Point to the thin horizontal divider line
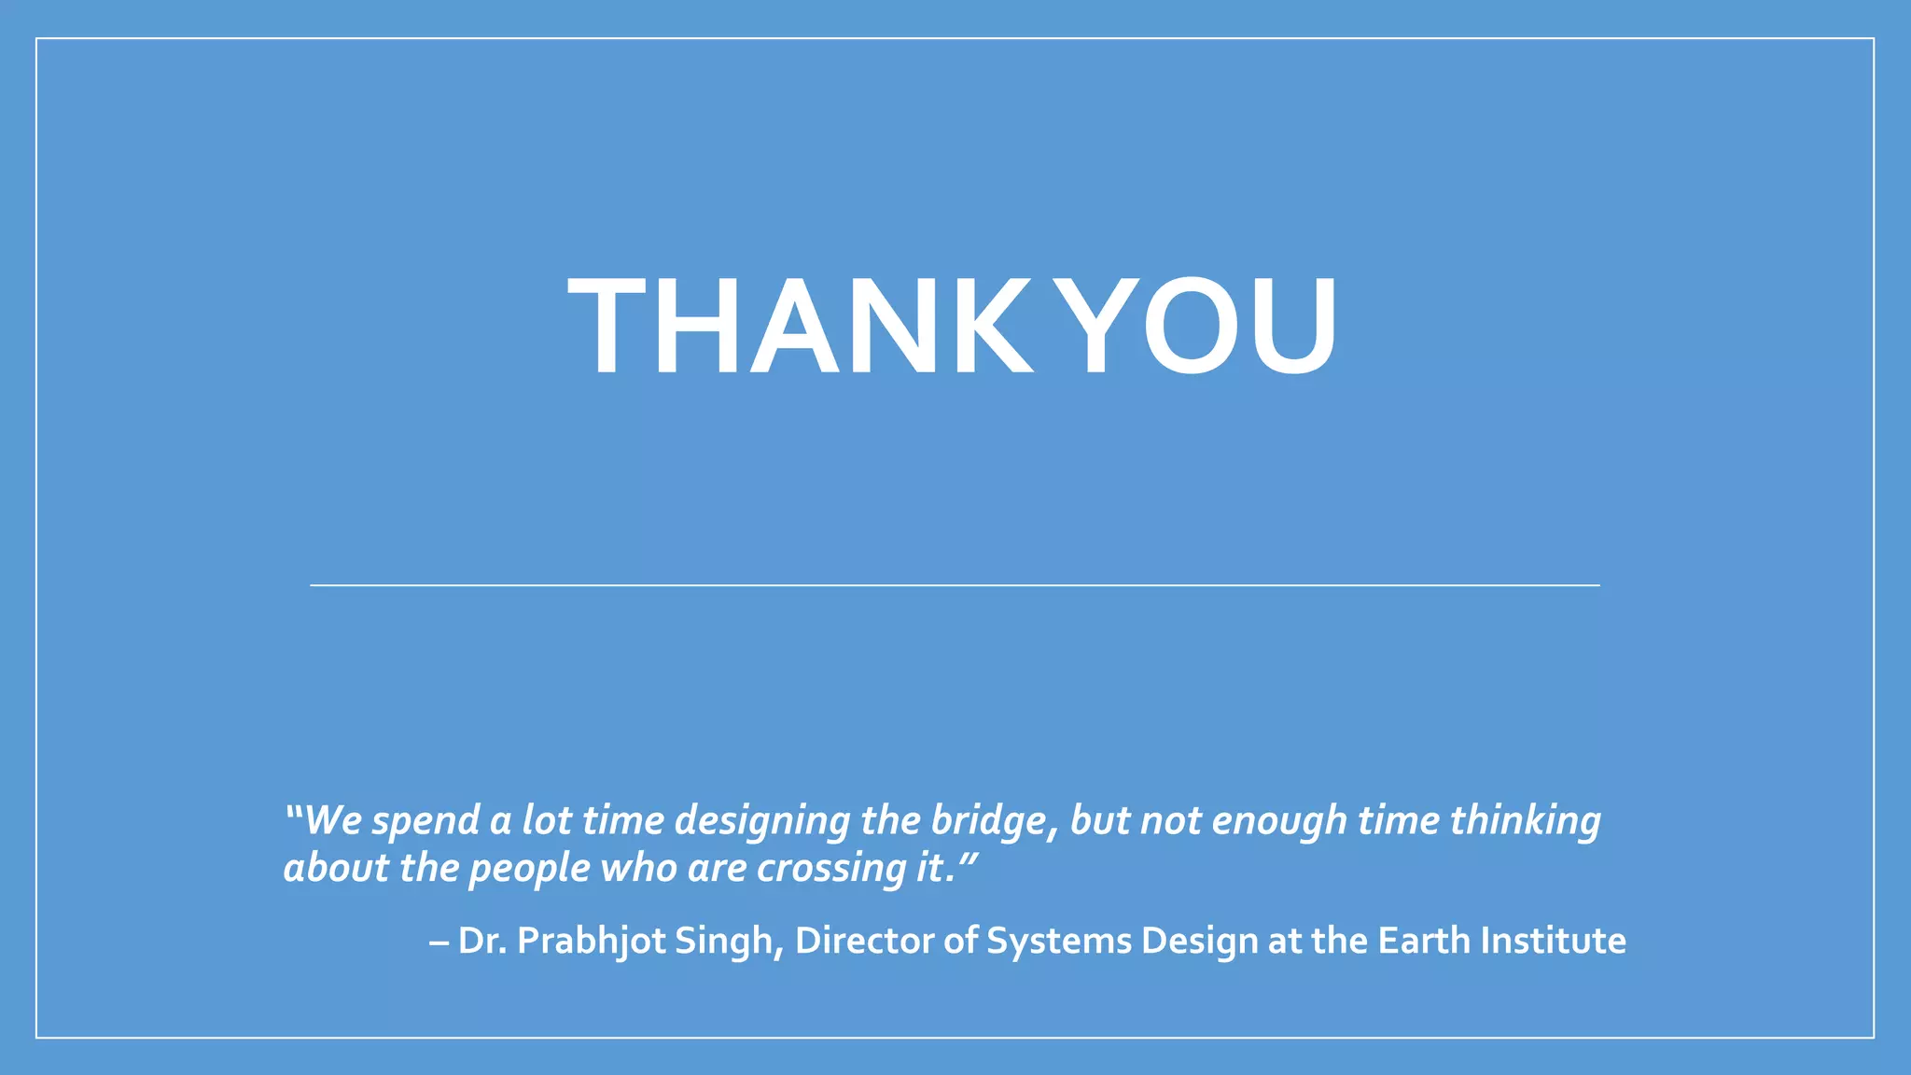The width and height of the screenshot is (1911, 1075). (955, 585)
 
